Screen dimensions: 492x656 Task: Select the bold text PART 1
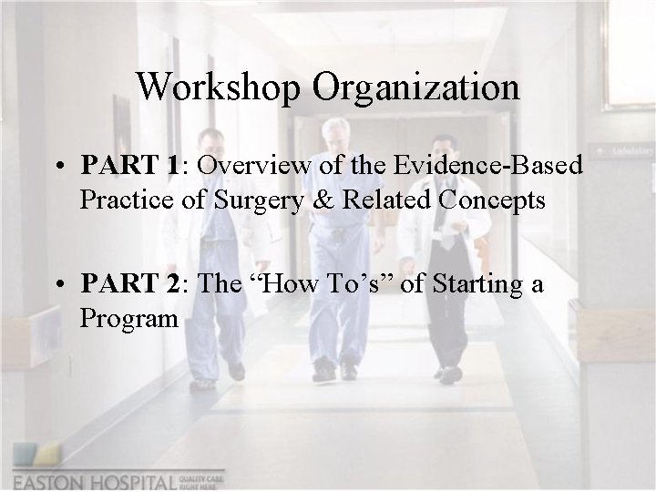coord(128,165)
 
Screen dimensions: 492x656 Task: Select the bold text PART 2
coord(128,284)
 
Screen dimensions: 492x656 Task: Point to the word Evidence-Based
coord(488,165)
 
